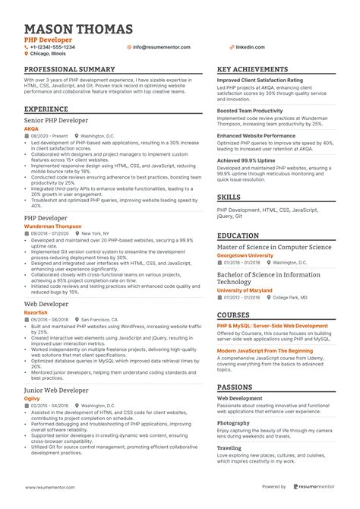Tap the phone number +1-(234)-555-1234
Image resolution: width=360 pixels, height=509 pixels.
[x=52, y=47]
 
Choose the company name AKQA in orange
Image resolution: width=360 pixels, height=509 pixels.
[x=31, y=128]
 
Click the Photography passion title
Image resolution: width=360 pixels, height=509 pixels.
[x=234, y=422]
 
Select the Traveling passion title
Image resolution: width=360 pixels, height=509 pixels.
[x=230, y=448]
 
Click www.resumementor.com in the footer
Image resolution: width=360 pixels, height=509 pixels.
[x=57, y=487]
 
